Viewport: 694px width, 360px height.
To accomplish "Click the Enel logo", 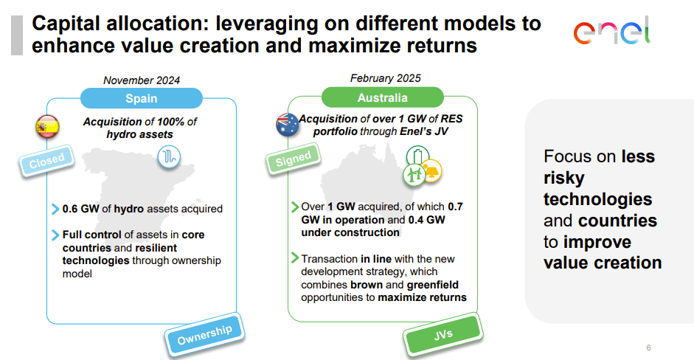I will pos(611,32).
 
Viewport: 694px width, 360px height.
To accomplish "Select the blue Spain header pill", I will pos(141,98).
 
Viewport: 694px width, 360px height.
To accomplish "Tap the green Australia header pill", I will pos(382,97).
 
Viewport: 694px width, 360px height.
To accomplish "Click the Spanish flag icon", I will pos(47,128).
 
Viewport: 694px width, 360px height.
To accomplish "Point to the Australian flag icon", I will pos(286,125).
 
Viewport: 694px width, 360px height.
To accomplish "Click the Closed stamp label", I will pos(47,158).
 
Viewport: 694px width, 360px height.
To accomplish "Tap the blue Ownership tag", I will pos(204,334).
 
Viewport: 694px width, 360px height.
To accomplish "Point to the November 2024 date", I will pos(142,80).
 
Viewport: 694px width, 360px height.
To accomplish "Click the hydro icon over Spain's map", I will pos(169,156).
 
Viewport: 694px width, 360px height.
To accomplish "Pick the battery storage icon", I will pos(417,156).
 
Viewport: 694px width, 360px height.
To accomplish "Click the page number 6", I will pos(648,347).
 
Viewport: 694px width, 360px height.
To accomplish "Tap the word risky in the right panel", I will pos(564,178).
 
